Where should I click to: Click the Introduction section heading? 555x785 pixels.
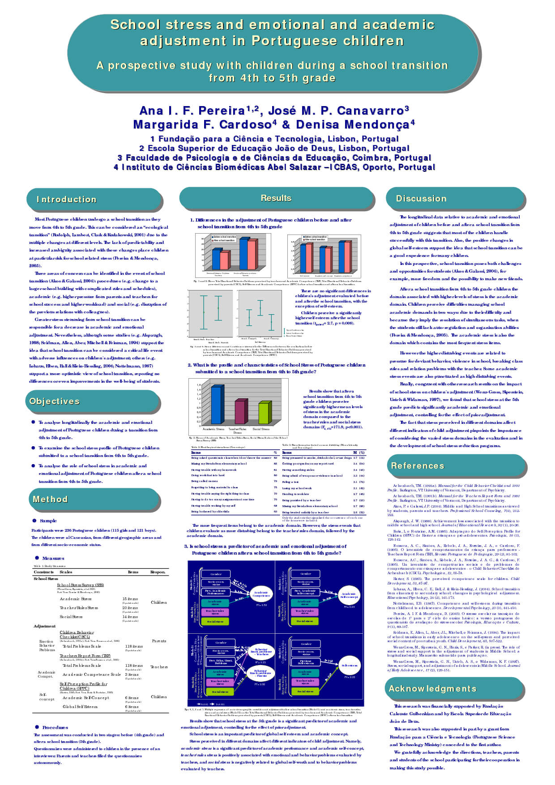tap(66, 200)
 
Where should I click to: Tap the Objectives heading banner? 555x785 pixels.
tap(55, 401)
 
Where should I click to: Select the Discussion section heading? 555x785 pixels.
tap(421, 199)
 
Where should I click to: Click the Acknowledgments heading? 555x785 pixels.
tap(432, 689)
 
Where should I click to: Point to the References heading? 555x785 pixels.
tap(418, 466)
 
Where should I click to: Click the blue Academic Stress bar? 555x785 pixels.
tap(216, 405)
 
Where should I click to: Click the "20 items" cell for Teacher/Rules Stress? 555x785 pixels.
tap(130, 608)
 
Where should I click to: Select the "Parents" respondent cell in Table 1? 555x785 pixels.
tap(159, 641)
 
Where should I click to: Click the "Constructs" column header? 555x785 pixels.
tap(43, 572)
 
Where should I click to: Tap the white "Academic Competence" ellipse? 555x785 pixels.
tap(261, 594)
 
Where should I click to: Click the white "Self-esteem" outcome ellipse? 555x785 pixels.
tap(350, 666)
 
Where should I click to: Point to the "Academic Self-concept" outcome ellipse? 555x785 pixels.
tap(349, 595)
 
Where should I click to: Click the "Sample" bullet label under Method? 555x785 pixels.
tap(48, 521)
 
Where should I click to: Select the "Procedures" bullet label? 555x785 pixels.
tap(55, 727)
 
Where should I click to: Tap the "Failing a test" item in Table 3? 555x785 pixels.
tap(290, 482)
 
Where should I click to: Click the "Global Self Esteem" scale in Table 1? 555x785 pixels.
tap(80, 707)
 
